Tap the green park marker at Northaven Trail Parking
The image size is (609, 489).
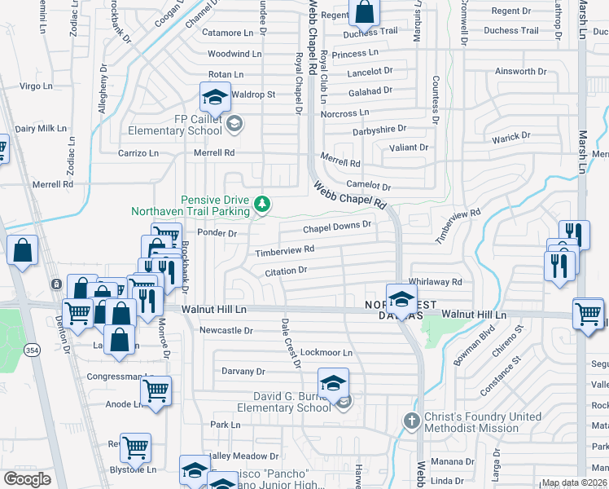(262, 203)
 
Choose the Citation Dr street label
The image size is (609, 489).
(285, 270)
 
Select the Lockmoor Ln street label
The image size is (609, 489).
(326, 353)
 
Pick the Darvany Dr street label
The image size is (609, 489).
(243, 371)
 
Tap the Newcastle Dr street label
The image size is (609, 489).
(226, 331)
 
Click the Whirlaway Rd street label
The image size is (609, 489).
(435, 282)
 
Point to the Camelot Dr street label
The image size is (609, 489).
(368, 186)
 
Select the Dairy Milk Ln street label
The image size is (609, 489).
(41, 129)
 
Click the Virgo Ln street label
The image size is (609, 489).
(35, 86)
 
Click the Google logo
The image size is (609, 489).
(27, 479)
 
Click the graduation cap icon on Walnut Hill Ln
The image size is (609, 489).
(401, 298)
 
